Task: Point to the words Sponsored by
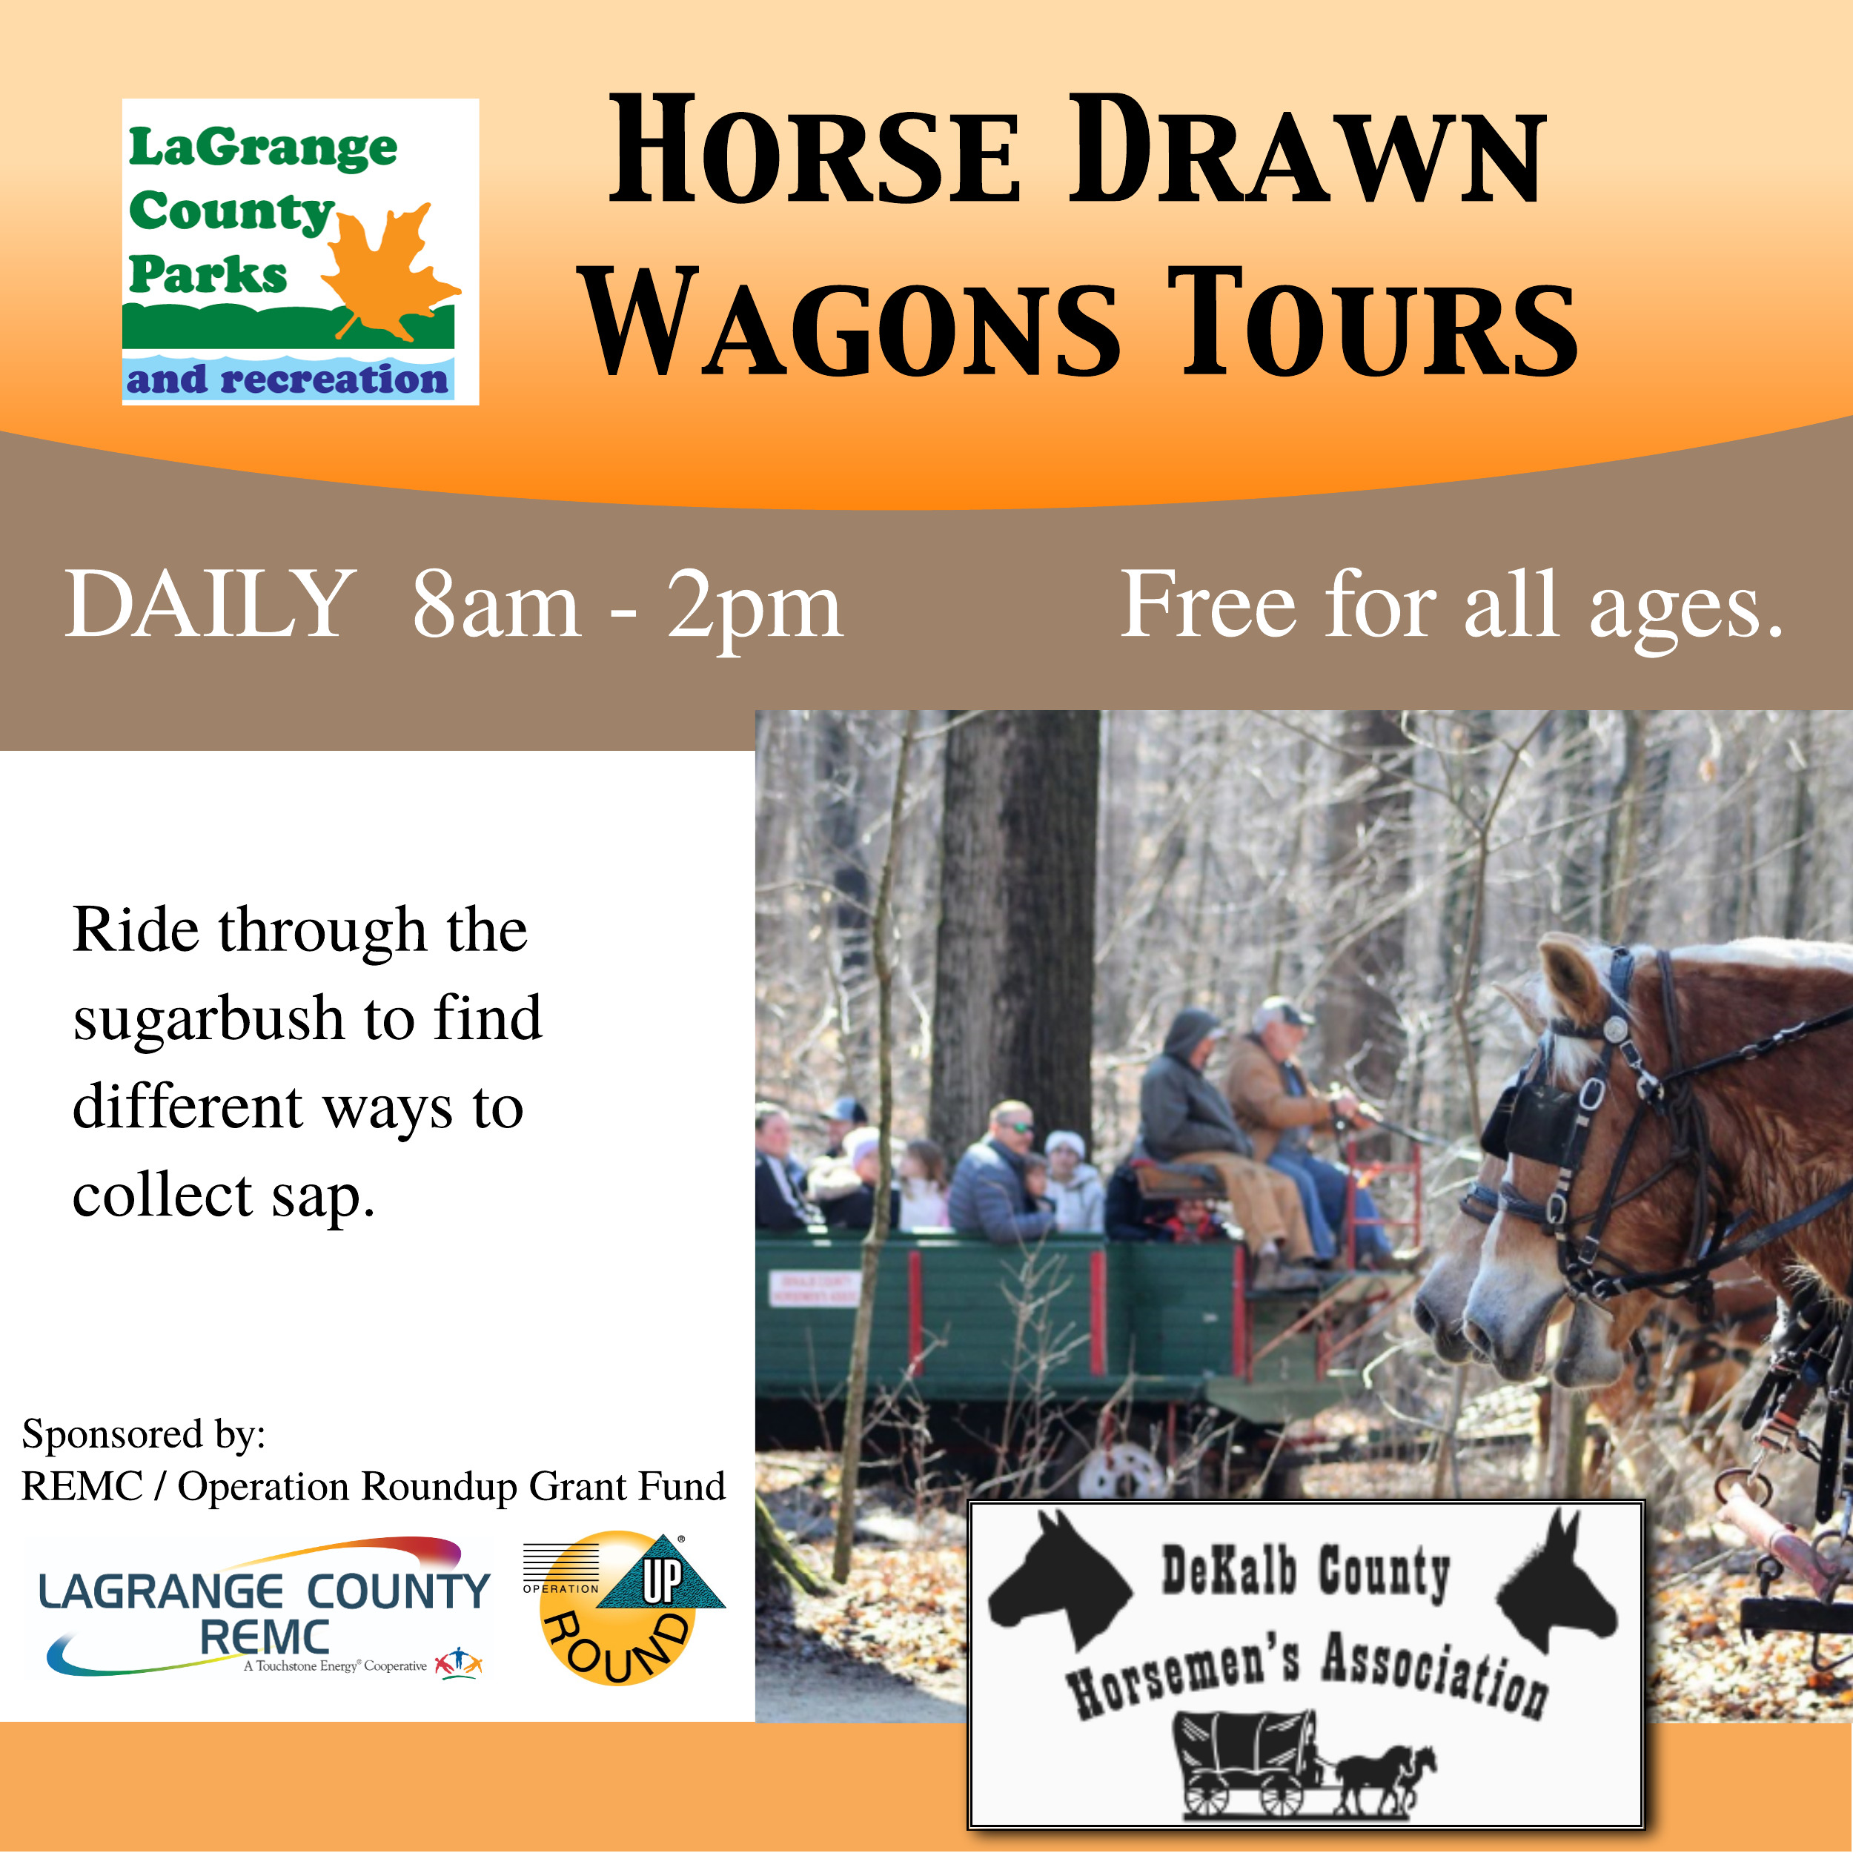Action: [x=144, y=1434]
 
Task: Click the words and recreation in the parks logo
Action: [x=287, y=379]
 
